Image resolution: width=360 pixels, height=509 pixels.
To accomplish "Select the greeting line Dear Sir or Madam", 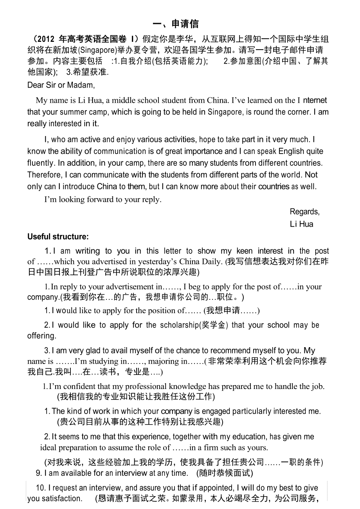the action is pyautogui.click(x=61, y=85).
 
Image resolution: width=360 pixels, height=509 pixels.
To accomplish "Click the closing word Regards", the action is pyautogui.click(x=304, y=211).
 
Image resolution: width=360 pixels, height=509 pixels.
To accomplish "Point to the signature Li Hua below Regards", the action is pyautogui.click(x=301, y=224).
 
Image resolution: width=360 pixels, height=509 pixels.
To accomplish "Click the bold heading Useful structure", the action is pyautogui.click(x=58, y=237).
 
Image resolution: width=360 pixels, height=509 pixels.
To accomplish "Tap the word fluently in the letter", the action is pyautogui.click(x=40, y=163).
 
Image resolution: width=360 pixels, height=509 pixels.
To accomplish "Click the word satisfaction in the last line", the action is pyautogui.click(x=63, y=498).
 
